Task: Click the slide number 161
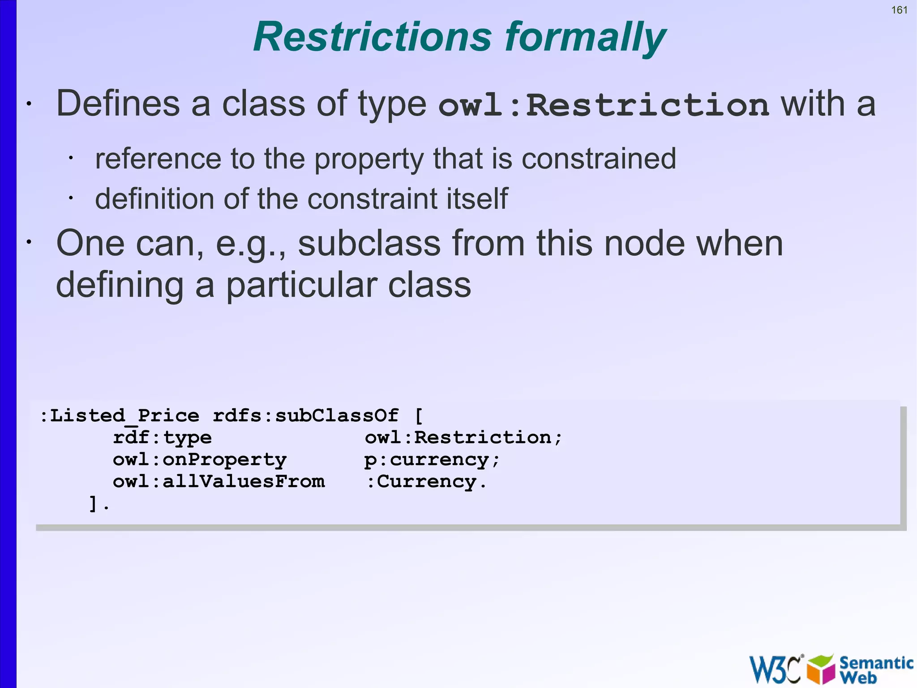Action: point(899,10)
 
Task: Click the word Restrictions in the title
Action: point(373,37)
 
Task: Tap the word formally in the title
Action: point(586,38)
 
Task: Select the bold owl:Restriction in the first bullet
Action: point(604,105)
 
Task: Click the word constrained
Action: point(599,159)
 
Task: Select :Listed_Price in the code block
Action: point(120,416)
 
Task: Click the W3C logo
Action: point(775,669)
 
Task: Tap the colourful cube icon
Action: point(821,669)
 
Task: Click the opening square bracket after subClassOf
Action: point(419,416)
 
